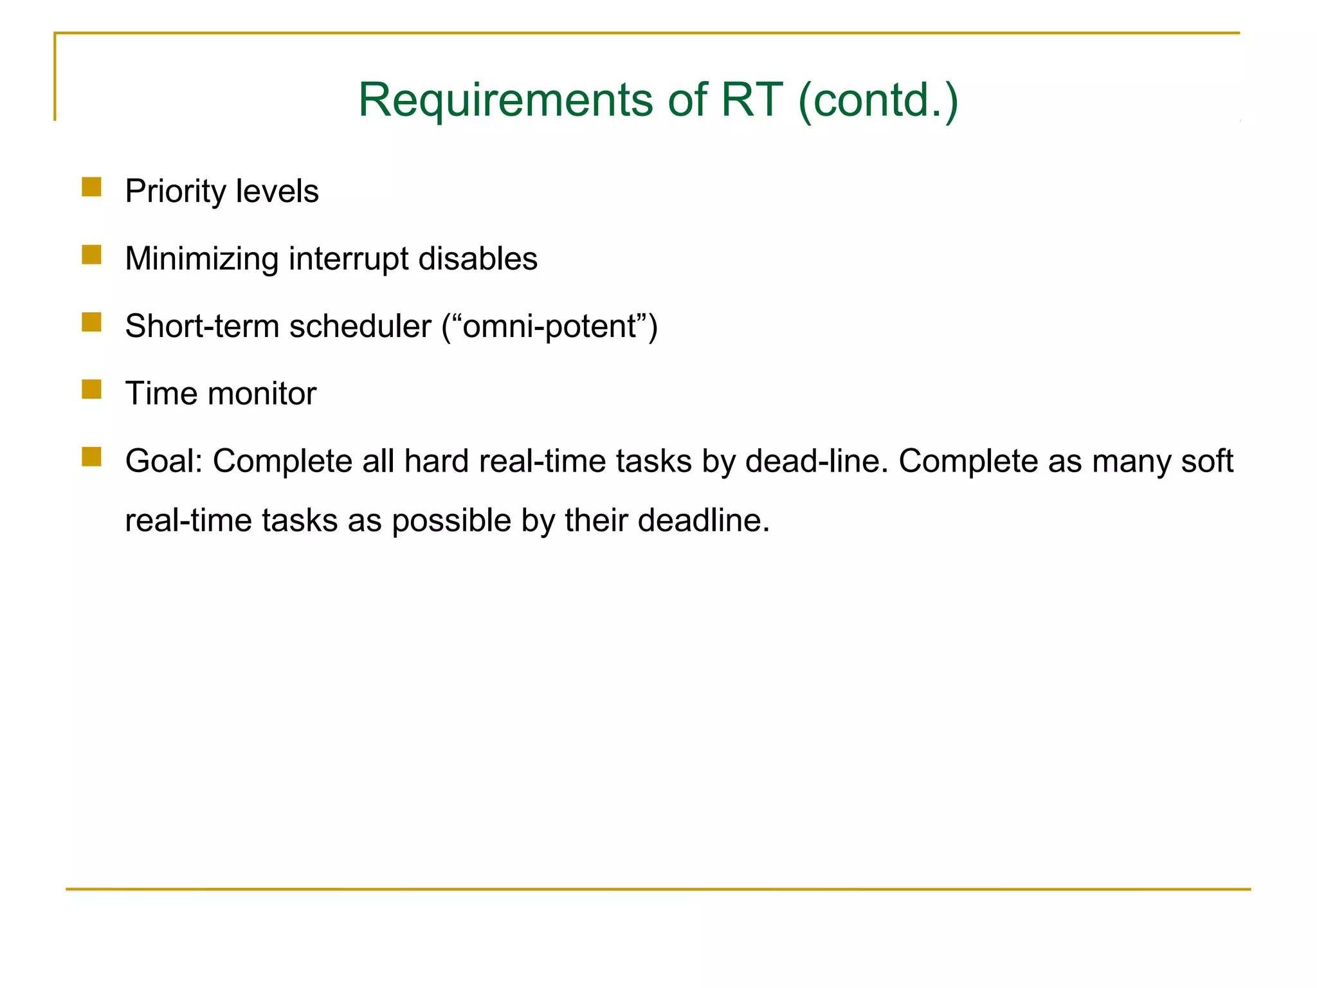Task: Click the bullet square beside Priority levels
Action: pyautogui.click(x=92, y=187)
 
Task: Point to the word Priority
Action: pyautogui.click(x=176, y=192)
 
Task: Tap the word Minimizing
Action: pyautogui.click(x=201, y=259)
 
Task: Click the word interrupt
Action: pyautogui.click(x=349, y=259)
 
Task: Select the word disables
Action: pyautogui.click(x=478, y=259)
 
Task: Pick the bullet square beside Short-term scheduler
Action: pyautogui.click(x=92, y=322)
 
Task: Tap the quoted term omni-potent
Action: pyautogui.click(x=549, y=327)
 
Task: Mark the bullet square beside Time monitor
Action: pyautogui.click(x=92, y=389)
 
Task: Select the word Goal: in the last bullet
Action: pyautogui.click(x=164, y=461)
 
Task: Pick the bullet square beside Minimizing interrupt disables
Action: pyautogui.click(x=92, y=255)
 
